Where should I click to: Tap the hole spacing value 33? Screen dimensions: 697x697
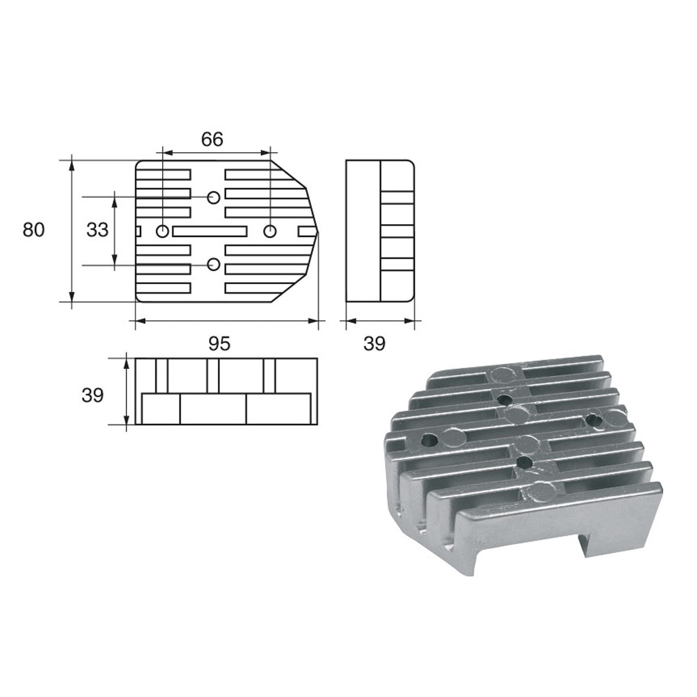97,230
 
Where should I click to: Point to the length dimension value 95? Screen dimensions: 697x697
220,344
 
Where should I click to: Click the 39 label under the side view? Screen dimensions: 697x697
374,344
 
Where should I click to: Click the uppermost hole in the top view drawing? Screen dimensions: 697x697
214,197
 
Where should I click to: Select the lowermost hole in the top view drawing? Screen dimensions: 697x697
214,265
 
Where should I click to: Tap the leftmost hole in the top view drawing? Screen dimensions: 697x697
163,231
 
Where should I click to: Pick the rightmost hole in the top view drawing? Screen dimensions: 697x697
270,231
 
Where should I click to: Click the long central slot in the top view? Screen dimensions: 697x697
209,231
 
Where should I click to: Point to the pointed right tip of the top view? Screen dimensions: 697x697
318,231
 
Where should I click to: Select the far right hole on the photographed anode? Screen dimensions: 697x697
593,418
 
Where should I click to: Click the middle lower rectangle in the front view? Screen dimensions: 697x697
213,409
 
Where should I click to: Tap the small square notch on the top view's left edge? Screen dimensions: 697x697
138,231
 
